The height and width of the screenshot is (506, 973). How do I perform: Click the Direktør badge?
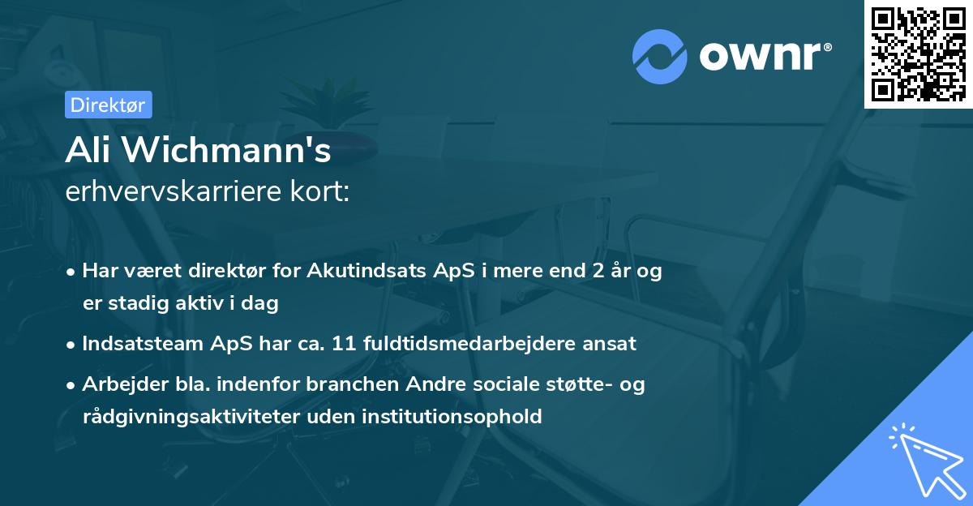tap(108, 105)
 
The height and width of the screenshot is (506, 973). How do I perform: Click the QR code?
tap(917, 54)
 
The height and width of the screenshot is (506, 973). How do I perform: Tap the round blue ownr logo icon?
tap(660, 56)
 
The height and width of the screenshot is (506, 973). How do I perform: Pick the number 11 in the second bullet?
tap(392, 343)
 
